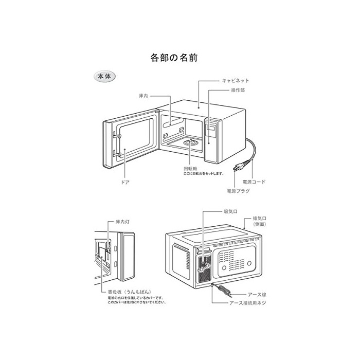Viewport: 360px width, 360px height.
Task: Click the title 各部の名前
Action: (174, 58)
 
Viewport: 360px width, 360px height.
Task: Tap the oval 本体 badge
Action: (105, 77)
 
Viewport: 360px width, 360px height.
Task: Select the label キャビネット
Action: (236, 81)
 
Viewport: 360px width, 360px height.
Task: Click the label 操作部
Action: (238, 90)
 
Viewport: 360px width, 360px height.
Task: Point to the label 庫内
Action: (143, 96)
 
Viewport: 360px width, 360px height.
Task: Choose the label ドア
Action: (125, 182)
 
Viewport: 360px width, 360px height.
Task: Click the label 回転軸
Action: (190, 169)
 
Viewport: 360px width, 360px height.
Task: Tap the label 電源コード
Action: (254, 182)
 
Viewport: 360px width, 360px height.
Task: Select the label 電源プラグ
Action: (238, 191)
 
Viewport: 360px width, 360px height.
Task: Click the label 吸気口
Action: (230, 211)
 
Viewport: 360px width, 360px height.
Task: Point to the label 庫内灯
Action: (122, 222)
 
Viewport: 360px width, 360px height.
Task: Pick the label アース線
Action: (257, 294)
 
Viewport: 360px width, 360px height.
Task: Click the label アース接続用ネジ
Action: (248, 303)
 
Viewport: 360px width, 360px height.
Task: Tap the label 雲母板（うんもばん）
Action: (130, 292)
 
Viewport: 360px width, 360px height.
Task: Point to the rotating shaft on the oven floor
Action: (190, 140)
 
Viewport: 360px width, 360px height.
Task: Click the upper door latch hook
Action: (117, 136)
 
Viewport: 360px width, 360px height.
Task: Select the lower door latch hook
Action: (117, 153)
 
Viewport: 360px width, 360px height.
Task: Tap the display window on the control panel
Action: (211, 128)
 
